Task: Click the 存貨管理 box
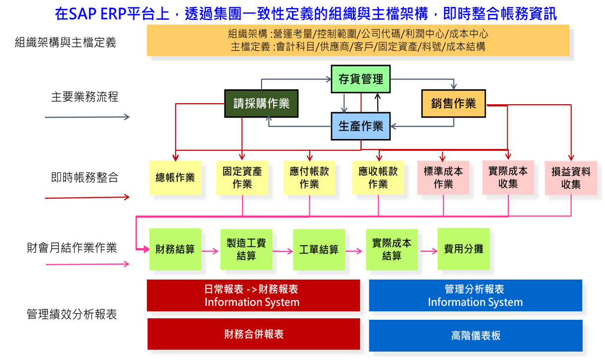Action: (x=361, y=79)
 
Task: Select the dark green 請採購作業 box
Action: (x=261, y=103)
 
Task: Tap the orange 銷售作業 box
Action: (x=453, y=103)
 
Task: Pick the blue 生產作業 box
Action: (x=361, y=126)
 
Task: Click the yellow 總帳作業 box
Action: (x=175, y=177)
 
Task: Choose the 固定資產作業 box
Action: (x=242, y=177)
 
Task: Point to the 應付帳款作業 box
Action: (x=309, y=177)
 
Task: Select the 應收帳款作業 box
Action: (x=378, y=177)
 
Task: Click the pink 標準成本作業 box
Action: (x=443, y=177)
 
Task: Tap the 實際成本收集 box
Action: (x=508, y=177)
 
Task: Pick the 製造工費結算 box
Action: (x=246, y=249)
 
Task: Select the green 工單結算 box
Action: (x=319, y=249)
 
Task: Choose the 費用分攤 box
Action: (x=463, y=249)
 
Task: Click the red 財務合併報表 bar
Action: (x=254, y=334)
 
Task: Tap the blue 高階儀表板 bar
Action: (x=475, y=335)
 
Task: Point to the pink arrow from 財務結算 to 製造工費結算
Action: (x=210, y=251)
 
